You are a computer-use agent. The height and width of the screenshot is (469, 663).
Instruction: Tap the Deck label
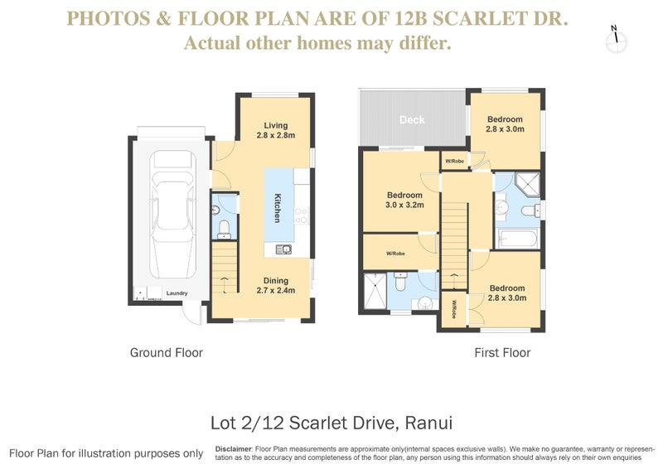pos(412,119)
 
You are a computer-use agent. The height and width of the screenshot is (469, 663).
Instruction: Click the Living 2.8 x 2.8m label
pos(276,130)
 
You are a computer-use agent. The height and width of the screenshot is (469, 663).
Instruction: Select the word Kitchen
pos(278,208)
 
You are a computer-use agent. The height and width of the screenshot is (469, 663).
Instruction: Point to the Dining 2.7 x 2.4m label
pos(276,285)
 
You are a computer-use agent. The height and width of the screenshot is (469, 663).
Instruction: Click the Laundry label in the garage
pos(177,293)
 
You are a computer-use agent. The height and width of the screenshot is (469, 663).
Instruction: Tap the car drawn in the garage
pos(173,214)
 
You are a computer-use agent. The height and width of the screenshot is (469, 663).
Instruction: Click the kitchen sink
pos(283,249)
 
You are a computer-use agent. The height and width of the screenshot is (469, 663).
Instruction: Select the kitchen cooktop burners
pos(302,215)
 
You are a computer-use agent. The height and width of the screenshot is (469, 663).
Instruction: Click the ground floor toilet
pos(224,230)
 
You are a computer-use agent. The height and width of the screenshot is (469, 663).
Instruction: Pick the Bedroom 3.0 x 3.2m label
pos(404,200)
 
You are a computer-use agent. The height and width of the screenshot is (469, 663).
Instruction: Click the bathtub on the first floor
pos(517,239)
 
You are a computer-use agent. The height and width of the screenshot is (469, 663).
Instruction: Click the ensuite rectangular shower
pos(375,292)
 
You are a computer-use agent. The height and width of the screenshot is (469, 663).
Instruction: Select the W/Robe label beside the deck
pos(454,161)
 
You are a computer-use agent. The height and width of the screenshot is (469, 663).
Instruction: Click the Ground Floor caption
pos(167,353)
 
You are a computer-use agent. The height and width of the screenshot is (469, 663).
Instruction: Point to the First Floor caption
pos(502,353)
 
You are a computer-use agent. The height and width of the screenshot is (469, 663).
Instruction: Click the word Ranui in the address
pos(428,423)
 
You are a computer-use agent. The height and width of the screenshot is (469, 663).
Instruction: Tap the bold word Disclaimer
pos(234,449)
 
